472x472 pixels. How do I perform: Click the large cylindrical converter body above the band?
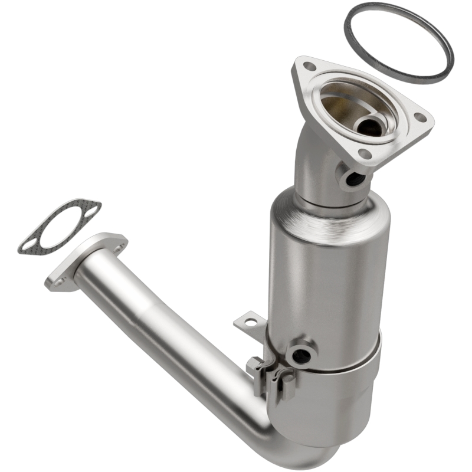click(x=327, y=271)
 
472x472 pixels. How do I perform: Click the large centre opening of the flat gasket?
click(x=59, y=227)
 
